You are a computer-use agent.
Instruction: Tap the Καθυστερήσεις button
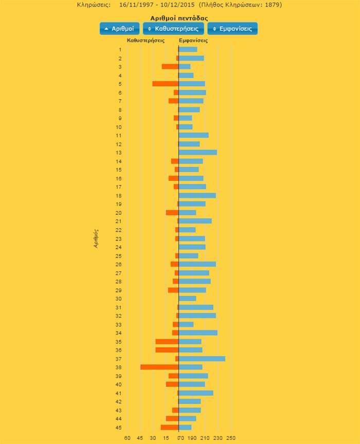tap(173, 29)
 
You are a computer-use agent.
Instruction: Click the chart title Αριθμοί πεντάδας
tap(179, 18)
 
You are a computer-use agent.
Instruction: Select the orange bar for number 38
tap(159, 367)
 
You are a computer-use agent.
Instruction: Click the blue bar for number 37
tap(202, 359)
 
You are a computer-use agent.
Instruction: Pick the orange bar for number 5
tap(166, 84)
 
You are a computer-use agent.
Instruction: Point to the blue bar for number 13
tap(197, 153)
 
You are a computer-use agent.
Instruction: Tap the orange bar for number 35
tap(167, 341)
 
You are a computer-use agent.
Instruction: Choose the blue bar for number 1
tap(188, 49)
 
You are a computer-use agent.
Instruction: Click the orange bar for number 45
tap(170, 427)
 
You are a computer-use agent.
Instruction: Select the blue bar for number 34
tap(198, 333)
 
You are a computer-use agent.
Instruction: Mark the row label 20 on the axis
tap(119, 213)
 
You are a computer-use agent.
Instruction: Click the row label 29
tap(119, 290)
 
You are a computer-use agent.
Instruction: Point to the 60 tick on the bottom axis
tap(127, 438)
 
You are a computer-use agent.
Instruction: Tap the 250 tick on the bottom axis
tap(231, 438)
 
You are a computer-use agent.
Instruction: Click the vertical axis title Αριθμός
tap(96, 238)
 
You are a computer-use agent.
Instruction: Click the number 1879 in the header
tap(273, 5)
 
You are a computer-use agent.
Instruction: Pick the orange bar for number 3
tap(170, 67)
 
